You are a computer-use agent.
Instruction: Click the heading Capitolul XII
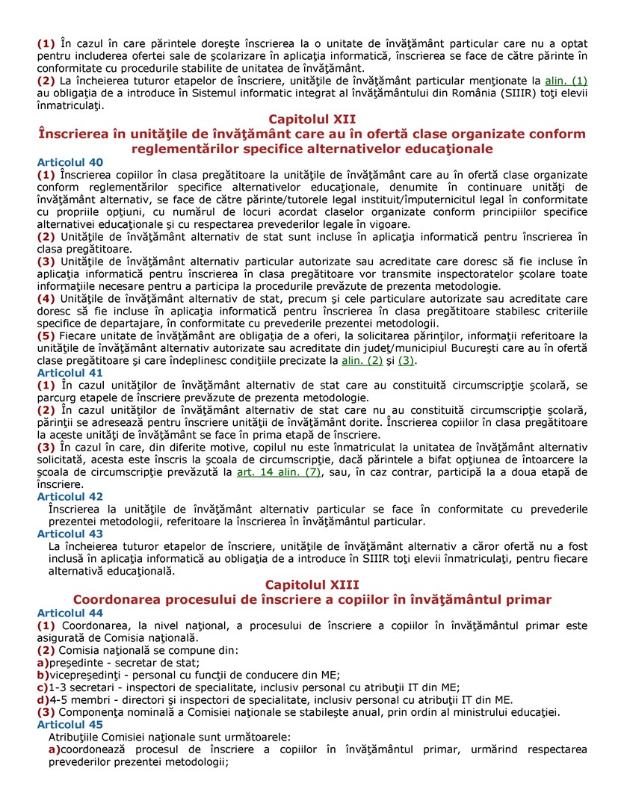[x=312, y=119]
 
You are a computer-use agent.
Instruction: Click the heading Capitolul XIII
[x=312, y=584]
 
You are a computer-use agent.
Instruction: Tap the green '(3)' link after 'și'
[x=407, y=360]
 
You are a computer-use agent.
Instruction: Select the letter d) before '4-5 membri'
[x=43, y=700]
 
